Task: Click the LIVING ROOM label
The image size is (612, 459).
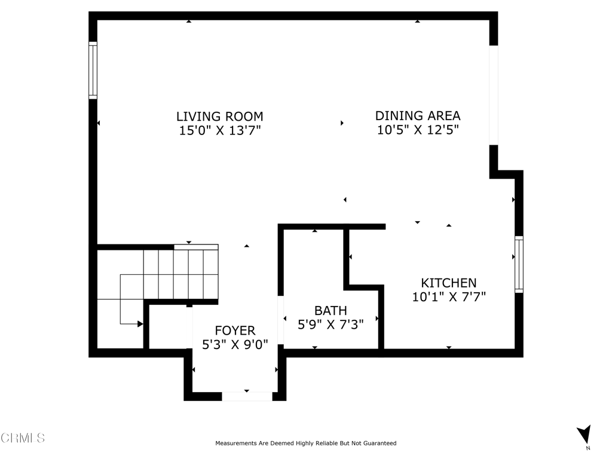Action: tap(220, 117)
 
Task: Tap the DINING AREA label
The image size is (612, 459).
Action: tap(418, 115)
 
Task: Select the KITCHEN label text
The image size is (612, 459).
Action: tap(448, 283)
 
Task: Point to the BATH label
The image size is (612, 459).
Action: tap(331, 310)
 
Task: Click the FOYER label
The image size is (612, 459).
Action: tap(235, 331)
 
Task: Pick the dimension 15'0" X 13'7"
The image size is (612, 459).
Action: tap(220, 130)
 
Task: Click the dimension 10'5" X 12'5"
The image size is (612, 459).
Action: tap(418, 129)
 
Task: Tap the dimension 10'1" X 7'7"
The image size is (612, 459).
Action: tap(449, 296)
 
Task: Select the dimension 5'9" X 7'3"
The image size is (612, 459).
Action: tap(331, 325)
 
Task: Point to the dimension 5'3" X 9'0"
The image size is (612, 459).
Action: tap(235, 344)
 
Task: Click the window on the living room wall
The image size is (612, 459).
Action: tap(93, 71)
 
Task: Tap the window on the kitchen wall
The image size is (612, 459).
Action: tap(519, 264)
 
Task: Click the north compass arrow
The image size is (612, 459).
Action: tap(585, 434)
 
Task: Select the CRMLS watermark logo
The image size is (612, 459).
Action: tap(22, 438)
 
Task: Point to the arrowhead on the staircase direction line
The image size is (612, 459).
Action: tap(140, 323)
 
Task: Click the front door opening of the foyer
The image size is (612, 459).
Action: tap(247, 396)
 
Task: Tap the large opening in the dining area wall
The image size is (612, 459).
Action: tap(494, 95)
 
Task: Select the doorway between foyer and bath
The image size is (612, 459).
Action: tap(280, 320)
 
